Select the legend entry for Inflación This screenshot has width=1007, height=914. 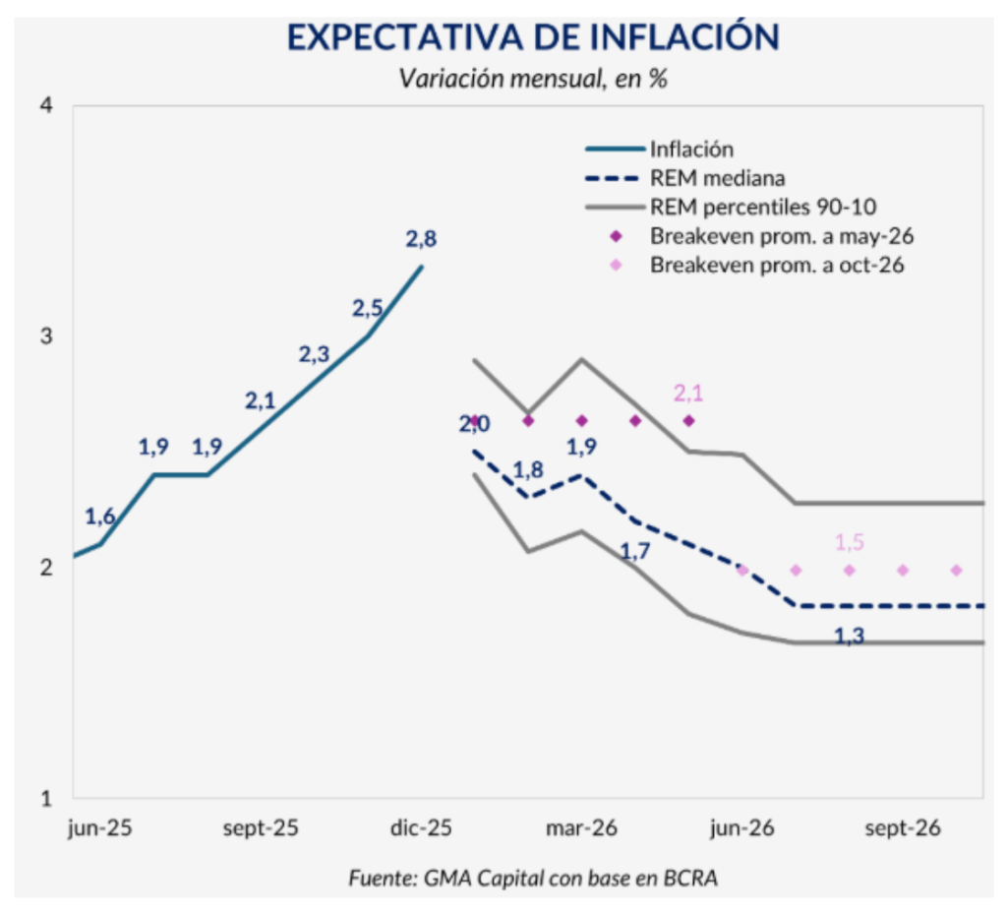click(x=690, y=150)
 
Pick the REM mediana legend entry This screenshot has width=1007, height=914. click(x=716, y=178)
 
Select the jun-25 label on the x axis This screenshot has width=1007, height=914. click(x=100, y=828)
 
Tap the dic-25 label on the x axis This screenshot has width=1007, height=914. click(x=421, y=828)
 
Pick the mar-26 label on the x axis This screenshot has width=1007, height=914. click(x=581, y=828)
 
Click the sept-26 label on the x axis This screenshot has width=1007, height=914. click(x=903, y=828)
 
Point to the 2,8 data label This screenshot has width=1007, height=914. click(x=421, y=238)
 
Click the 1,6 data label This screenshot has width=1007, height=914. click(x=100, y=516)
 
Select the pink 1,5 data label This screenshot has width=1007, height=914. click(x=850, y=542)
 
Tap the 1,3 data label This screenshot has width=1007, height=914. click(x=850, y=637)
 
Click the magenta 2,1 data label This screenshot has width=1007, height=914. click(x=689, y=394)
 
